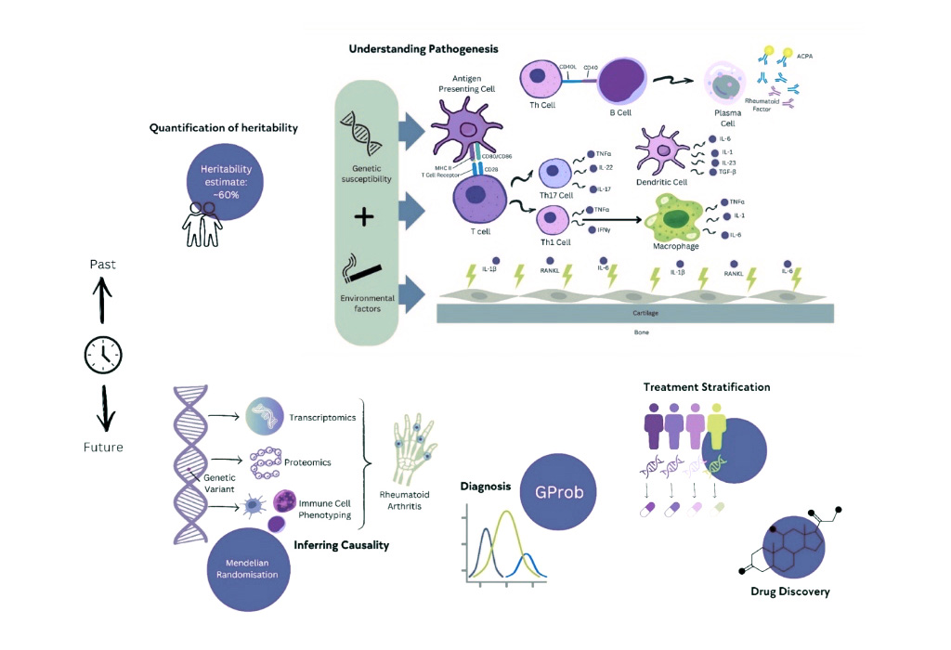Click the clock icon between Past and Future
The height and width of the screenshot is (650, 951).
pyautogui.click(x=103, y=354)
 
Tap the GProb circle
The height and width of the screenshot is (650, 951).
pyautogui.click(x=559, y=491)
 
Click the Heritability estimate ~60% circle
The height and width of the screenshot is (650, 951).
pyautogui.click(x=220, y=180)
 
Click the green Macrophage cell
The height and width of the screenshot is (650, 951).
pyautogui.click(x=686, y=219)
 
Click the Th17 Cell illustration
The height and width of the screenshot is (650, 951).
pyautogui.click(x=556, y=173)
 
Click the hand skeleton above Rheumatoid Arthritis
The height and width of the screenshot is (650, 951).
pyautogui.click(x=411, y=447)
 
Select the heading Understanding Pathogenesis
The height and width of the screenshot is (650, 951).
pyautogui.click(x=423, y=48)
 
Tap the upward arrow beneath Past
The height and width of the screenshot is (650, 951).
pyautogui.click(x=103, y=299)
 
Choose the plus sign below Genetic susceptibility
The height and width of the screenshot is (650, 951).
pyautogui.click(x=364, y=216)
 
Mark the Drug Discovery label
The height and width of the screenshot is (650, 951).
pyautogui.click(x=789, y=591)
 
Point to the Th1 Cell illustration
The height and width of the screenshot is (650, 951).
pyautogui.click(x=554, y=219)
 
